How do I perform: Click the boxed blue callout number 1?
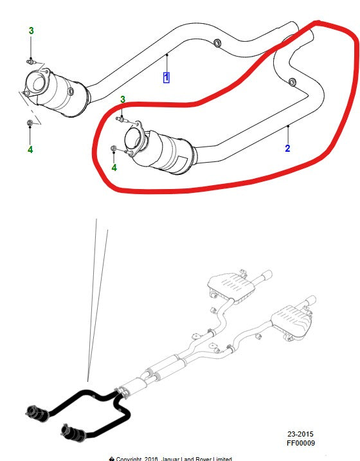pos(166,78)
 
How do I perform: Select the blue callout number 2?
pos(288,149)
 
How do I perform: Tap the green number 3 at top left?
pos(30,31)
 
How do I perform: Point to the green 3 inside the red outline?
pos(122,100)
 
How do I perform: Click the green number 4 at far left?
pos(30,150)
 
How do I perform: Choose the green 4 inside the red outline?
pos(114,168)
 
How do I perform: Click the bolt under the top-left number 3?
pos(31,62)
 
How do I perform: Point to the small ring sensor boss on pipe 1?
pos(216,43)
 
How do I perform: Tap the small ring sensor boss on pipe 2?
pos(292,82)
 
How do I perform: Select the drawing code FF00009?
pos(300,443)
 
